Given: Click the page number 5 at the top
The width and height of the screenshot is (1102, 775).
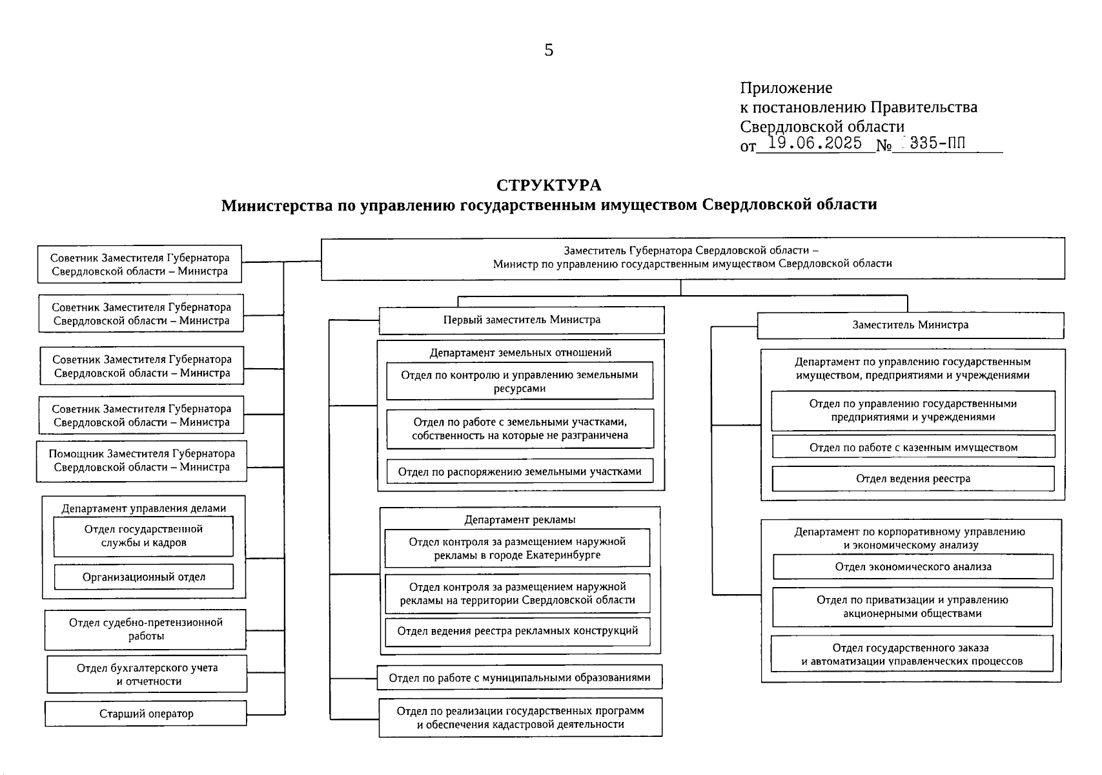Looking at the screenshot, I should pos(549,50).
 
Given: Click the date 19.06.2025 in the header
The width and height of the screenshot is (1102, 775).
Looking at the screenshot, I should pos(815,143).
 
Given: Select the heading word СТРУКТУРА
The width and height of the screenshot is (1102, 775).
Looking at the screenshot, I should pos(549,185).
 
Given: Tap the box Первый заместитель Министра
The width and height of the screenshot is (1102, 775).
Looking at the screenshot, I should pos(521,320).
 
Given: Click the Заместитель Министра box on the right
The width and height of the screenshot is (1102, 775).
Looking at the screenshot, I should pos(910,325).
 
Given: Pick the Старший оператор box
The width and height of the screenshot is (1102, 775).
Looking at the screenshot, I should pos(146,714).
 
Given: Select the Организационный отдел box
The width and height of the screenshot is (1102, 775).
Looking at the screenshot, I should pos(143,577).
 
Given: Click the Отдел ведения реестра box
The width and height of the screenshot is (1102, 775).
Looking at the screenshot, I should pos(913,479).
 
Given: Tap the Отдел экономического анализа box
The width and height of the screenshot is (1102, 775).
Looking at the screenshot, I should pos(913,567).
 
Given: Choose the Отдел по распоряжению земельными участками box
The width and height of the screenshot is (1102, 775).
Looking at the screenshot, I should pos(520,471).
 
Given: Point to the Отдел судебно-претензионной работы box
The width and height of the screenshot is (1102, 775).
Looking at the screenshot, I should pos(145,629).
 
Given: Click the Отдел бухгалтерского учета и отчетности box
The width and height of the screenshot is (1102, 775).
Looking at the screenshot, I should pos(147,674).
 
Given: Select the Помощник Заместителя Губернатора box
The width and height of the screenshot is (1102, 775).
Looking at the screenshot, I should pos(141,460).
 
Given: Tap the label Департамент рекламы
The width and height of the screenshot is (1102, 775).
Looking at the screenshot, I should pos(520,519).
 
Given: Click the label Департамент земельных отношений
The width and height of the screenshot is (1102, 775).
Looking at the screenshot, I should pos(520,353).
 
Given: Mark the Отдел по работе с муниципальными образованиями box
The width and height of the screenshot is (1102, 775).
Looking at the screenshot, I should pos(520,677).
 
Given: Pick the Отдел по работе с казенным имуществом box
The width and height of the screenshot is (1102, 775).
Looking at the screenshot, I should pos(913,447).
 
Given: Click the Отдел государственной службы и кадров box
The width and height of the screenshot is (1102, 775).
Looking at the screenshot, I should pos(143,536).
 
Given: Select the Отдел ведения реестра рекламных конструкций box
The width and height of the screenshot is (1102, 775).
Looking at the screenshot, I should pos(517,631).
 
